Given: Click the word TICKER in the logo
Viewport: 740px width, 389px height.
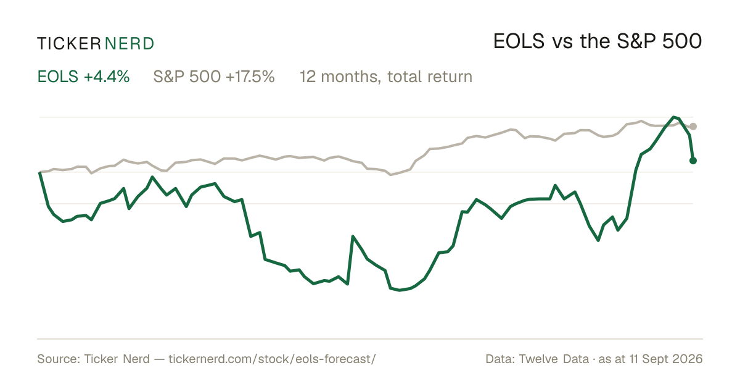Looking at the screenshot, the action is (x=69, y=44).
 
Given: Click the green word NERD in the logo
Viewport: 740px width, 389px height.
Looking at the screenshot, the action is (x=129, y=44).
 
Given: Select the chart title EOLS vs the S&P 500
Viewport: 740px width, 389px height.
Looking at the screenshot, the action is (x=598, y=41).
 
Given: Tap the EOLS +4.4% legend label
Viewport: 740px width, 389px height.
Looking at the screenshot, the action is (x=84, y=77).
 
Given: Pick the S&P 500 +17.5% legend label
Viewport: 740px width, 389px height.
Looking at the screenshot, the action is (x=214, y=77).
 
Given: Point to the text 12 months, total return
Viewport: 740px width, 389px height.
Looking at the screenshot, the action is (x=386, y=77).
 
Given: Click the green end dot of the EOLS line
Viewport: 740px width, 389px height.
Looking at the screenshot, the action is (x=693, y=161).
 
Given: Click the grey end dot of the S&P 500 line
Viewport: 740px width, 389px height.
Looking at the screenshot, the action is (x=693, y=127).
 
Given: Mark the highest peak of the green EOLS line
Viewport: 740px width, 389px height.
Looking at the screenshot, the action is (x=673, y=117).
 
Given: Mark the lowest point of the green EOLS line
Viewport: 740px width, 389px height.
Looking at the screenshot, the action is (x=400, y=290).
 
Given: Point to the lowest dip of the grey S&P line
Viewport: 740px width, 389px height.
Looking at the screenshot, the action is (x=391, y=175).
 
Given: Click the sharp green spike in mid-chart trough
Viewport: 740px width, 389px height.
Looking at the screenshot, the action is (x=353, y=236).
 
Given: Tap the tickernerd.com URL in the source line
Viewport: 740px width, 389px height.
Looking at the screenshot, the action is (x=272, y=359).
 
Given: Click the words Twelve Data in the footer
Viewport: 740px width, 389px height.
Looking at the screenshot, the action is (x=554, y=359).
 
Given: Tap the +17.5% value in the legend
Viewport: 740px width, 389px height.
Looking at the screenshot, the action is (x=250, y=77).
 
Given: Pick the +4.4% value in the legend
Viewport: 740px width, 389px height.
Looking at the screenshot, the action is (x=106, y=77).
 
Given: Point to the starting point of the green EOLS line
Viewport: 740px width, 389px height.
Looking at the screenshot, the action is (x=39, y=173).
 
